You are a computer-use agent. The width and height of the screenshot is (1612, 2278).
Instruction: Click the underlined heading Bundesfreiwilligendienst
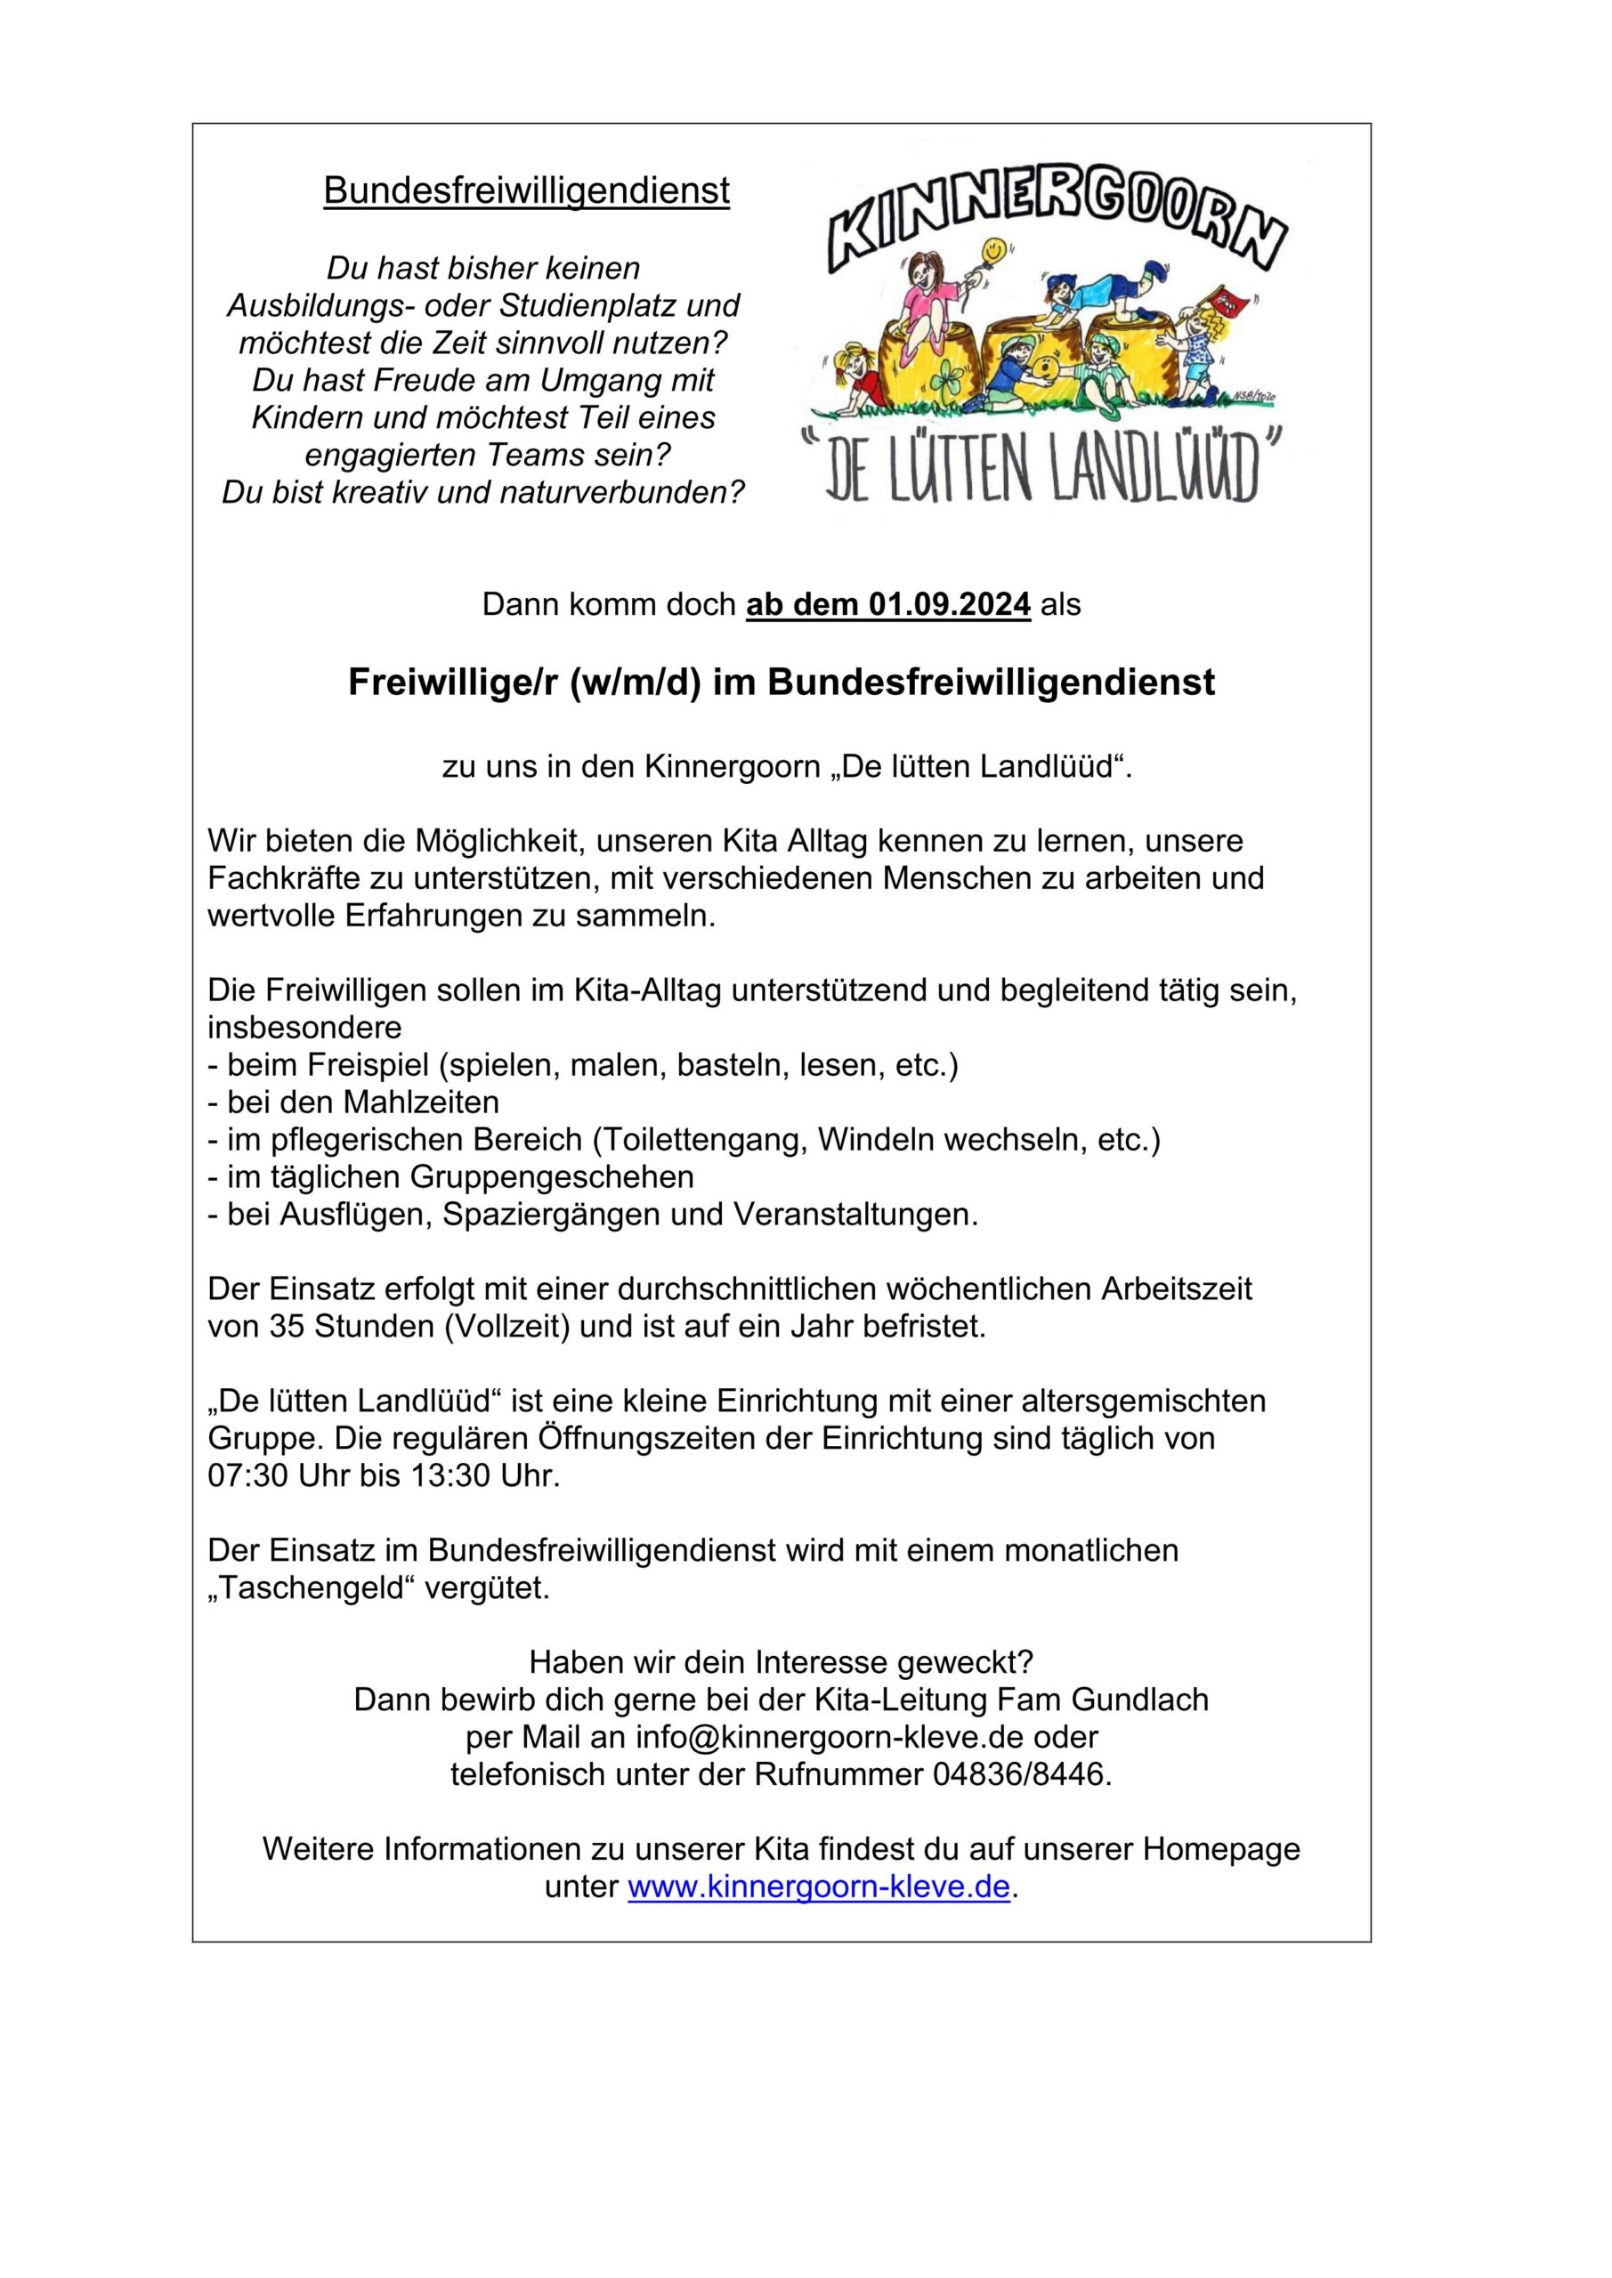tap(526, 190)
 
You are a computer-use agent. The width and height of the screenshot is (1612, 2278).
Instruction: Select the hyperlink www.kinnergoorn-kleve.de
tap(819, 1886)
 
